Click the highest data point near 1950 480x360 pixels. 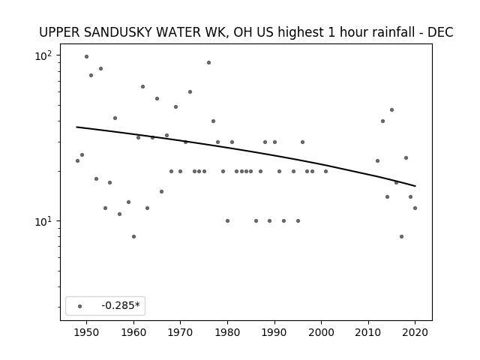pyautogui.click(x=87, y=57)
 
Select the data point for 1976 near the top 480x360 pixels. pyautogui.click(x=208, y=63)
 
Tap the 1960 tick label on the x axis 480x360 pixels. pyautogui.click(x=133, y=332)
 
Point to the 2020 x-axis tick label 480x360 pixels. pyautogui.click(x=415, y=332)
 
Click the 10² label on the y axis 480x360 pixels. pyautogui.click(x=43, y=56)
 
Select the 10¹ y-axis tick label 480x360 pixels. pyautogui.click(x=43, y=222)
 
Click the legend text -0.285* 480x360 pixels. pyautogui.click(x=121, y=305)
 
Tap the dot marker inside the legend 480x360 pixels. pyautogui.click(x=80, y=306)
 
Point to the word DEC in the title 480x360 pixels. pyautogui.click(x=440, y=32)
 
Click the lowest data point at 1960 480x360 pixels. pyautogui.click(x=133, y=237)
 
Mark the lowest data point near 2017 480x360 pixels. pyautogui.click(x=402, y=237)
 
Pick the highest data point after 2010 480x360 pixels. pyautogui.click(x=391, y=110)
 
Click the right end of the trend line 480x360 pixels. pyautogui.click(x=415, y=186)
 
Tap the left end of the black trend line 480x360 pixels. pyautogui.click(x=76, y=127)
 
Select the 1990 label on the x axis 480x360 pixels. pyautogui.click(x=274, y=332)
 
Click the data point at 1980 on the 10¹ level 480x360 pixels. pyautogui.click(x=227, y=221)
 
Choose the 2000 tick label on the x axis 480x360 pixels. pyautogui.click(x=322, y=332)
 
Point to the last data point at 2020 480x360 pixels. pyautogui.click(x=415, y=208)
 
